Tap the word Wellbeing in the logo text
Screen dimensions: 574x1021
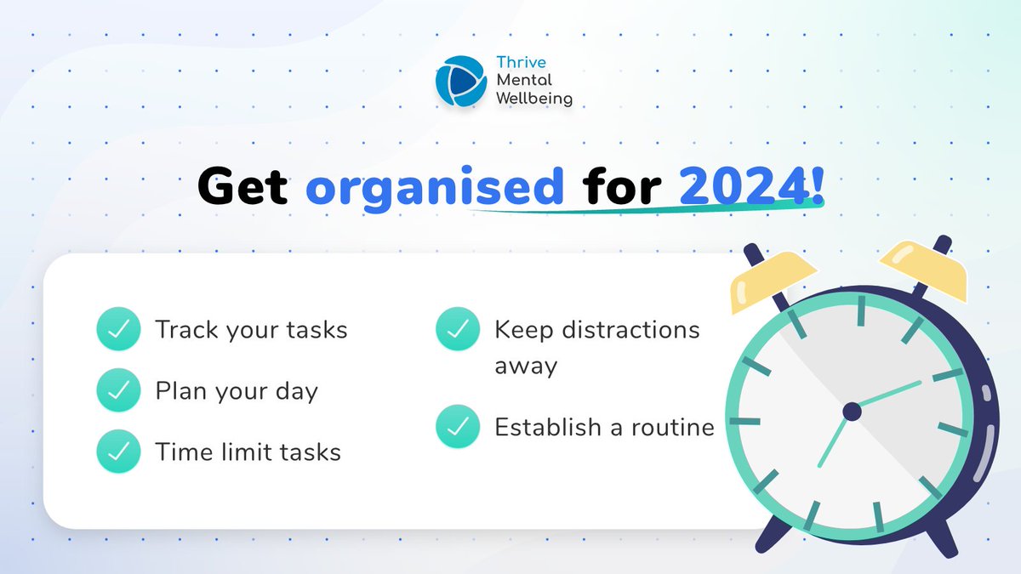pyautogui.click(x=533, y=99)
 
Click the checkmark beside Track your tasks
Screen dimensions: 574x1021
pyautogui.click(x=117, y=330)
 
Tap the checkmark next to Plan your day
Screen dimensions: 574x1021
pyautogui.click(x=117, y=390)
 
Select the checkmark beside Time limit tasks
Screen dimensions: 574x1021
pyautogui.click(x=117, y=452)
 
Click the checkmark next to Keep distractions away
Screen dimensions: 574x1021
pyautogui.click(x=457, y=330)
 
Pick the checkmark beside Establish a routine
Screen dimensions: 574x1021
pyautogui.click(x=457, y=427)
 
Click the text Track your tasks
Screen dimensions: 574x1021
pyautogui.click(x=251, y=330)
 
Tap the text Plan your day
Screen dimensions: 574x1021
pyautogui.click(x=237, y=391)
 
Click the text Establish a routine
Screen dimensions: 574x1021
pyautogui.click(x=604, y=427)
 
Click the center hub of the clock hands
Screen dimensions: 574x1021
pyautogui.click(x=852, y=412)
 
